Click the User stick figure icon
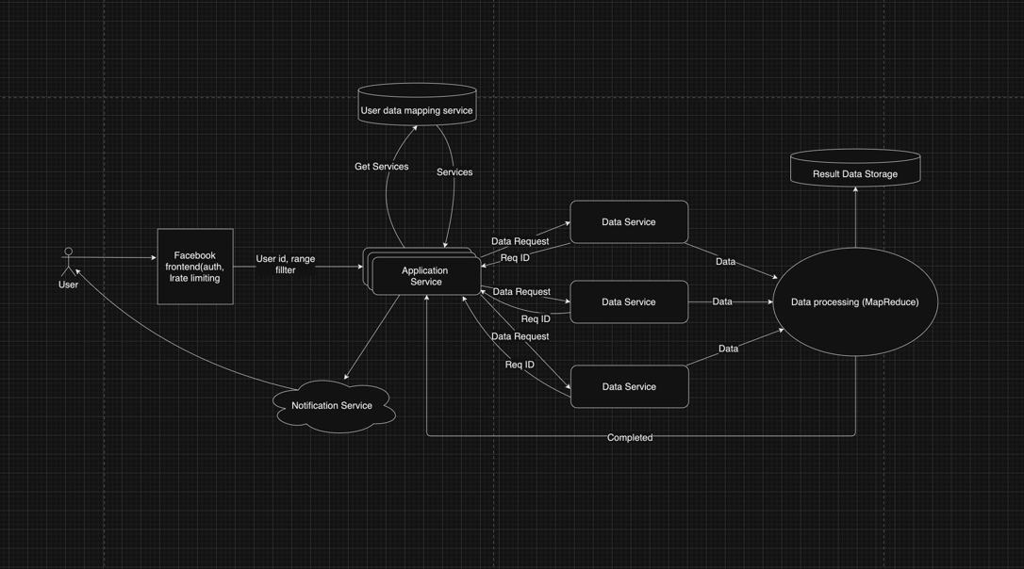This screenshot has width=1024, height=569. [68, 262]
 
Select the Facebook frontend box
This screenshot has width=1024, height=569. [195, 267]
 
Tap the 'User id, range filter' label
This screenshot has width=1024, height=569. [286, 265]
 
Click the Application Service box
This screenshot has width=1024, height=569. [425, 276]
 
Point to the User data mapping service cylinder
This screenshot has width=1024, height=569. [417, 105]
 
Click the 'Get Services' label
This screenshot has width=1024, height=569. [381, 167]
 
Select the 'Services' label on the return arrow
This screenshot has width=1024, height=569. [454, 172]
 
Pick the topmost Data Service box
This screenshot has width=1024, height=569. [629, 222]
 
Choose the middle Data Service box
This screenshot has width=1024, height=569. [629, 302]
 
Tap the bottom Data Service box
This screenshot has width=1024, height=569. [629, 387]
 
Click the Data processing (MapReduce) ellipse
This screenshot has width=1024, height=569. [855, 302]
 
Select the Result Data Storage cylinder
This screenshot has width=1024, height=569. [855, 169]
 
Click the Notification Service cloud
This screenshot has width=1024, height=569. [331, 406]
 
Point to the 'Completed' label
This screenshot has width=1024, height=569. [630, 437]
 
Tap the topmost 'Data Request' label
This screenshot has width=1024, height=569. [520, 241]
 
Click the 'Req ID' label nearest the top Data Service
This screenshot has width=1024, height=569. [515, 257]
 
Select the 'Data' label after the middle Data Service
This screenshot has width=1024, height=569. [722, 301]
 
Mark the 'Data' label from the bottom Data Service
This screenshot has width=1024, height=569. [728, 349]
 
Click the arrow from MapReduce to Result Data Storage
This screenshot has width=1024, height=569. [855, 217]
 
